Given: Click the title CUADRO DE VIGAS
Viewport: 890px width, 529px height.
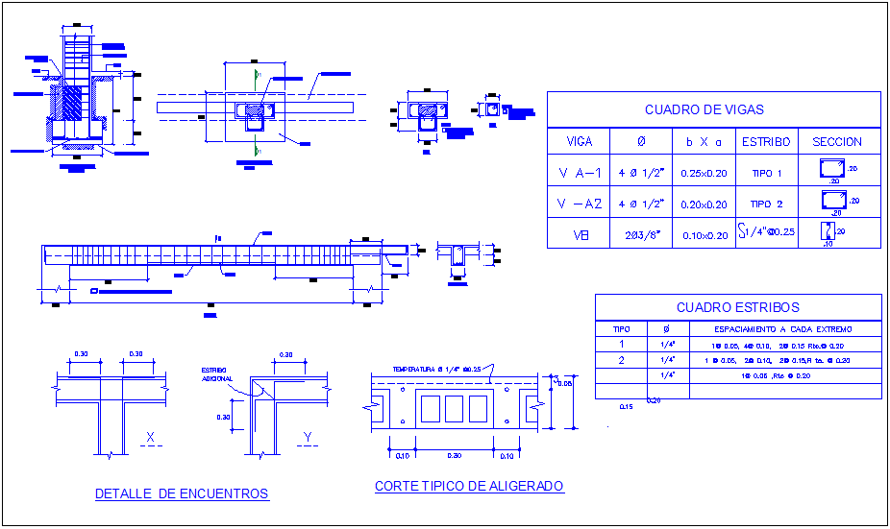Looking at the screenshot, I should pyautogui.click(x=713, y=109).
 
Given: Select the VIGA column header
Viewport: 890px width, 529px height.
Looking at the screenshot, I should pyautogui.click(x=579, y=141).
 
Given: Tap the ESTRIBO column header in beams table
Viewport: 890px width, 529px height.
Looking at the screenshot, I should pyautogui.click(x=766, y=141).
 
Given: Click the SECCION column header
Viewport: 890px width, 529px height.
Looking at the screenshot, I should pyautogui.click(x=837, y=141).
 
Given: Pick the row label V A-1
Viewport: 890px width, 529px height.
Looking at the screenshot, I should pyautogui.click(x=579, y=173).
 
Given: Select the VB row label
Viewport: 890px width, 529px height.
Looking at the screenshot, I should pyautogui.click(x=579, y=234).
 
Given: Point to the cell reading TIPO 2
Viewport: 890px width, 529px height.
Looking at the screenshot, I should pyautogui.click(x=766, y=204).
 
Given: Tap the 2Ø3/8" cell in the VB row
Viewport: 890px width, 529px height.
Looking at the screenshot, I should pyautogui.click(x=641, y=235).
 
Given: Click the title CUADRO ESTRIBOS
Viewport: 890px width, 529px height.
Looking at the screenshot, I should pyautogui.click(x=737, y=307).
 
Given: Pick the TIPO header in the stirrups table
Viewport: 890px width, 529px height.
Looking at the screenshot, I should pyautogui.click(x=621, y=329).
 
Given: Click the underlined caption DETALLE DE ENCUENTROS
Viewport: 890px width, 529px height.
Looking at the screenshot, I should pyautogui.click(x=182, y=493).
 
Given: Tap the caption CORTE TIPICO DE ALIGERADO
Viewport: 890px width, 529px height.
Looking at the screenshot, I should pyautogui.click(x=469, y=487).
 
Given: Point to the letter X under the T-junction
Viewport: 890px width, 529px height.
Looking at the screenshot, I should pyautogui.click(x=150, y=438).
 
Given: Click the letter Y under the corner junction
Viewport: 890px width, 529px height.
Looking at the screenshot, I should pyautogui.click(x=308, y=438).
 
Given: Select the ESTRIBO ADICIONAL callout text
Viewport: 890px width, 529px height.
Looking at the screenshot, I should pyautogui.click(x=217, y=374).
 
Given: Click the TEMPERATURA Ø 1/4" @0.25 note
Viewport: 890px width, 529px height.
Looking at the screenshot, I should pyautogui.click(x=436, y=369).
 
